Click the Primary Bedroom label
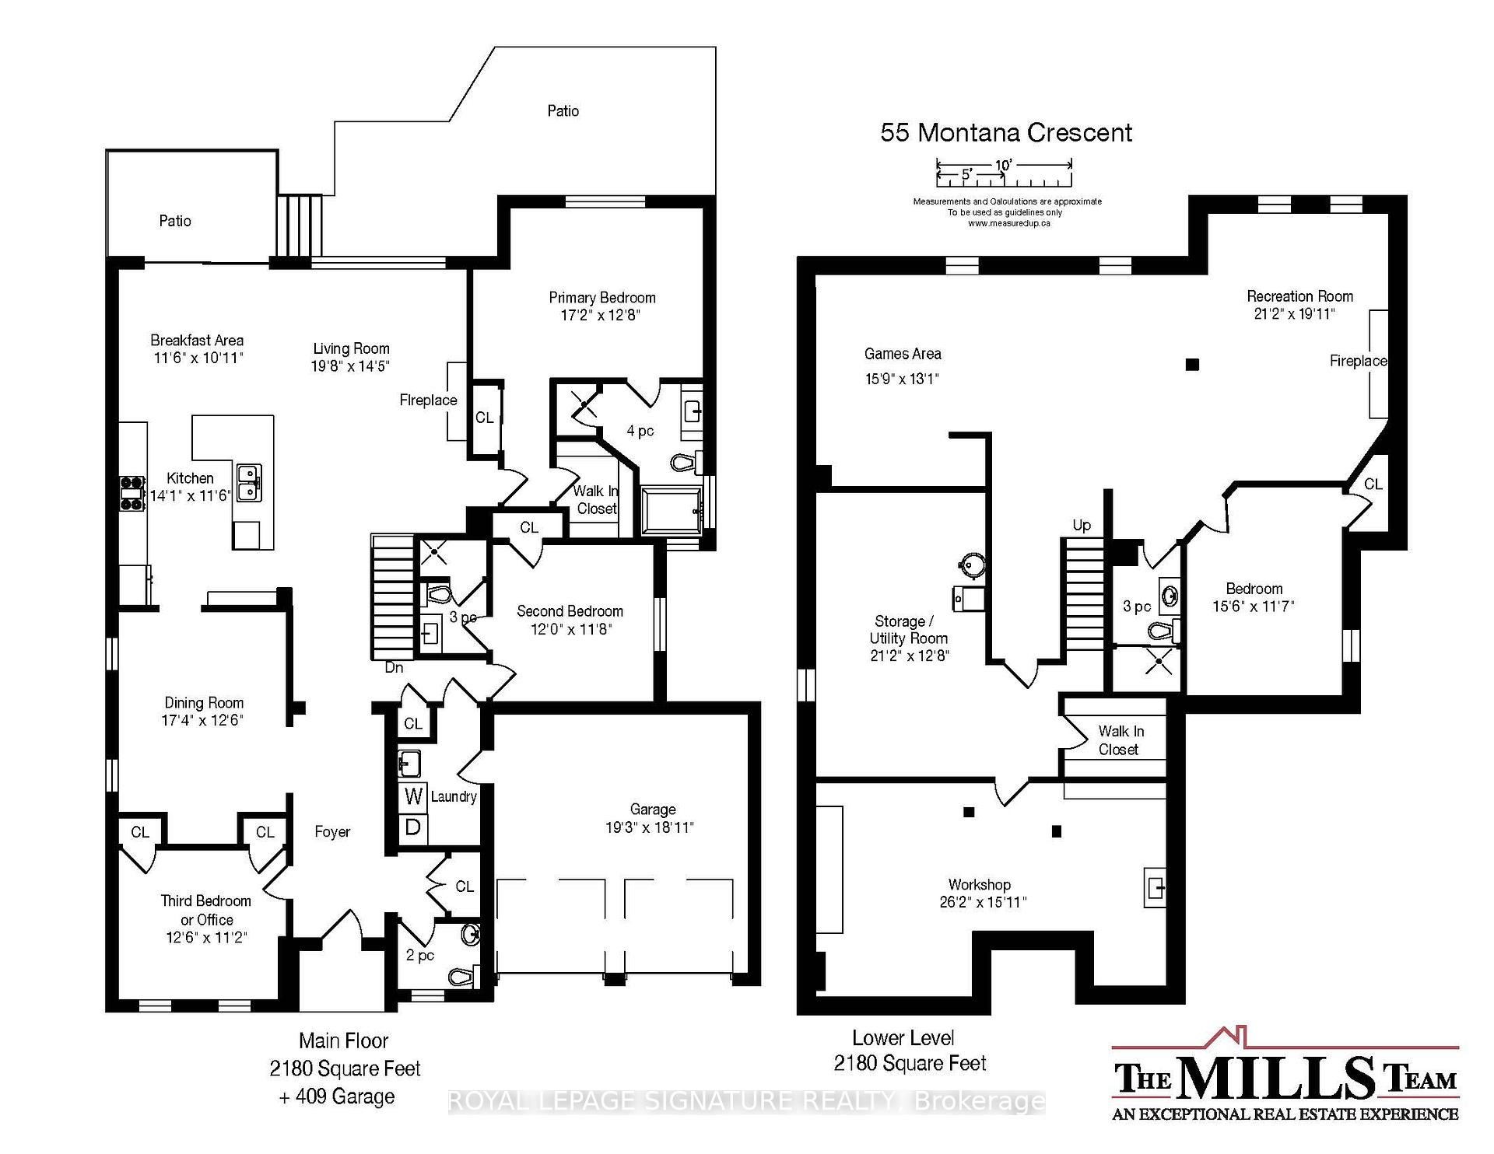click(602, 298)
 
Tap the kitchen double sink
click(249, 483)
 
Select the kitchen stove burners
click(132, 492)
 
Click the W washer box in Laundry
click(413, 796)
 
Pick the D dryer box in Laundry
click(413, 827)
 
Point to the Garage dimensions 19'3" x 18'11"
click(650, 828)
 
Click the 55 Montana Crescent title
click(1006, 132)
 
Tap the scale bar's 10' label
click(1003, 165)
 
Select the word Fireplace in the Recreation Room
click(1358, 361)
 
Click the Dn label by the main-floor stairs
click(395, 667)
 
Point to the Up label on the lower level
click(1082, 526)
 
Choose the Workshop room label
click(980, 885)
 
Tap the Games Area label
click(903, 354)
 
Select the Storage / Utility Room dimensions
click(910, 656)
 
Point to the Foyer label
click(332, 832)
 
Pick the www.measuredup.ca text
click(1008, 223)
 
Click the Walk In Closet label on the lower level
click(1120, 740)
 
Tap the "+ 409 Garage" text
click(337, 1096)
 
